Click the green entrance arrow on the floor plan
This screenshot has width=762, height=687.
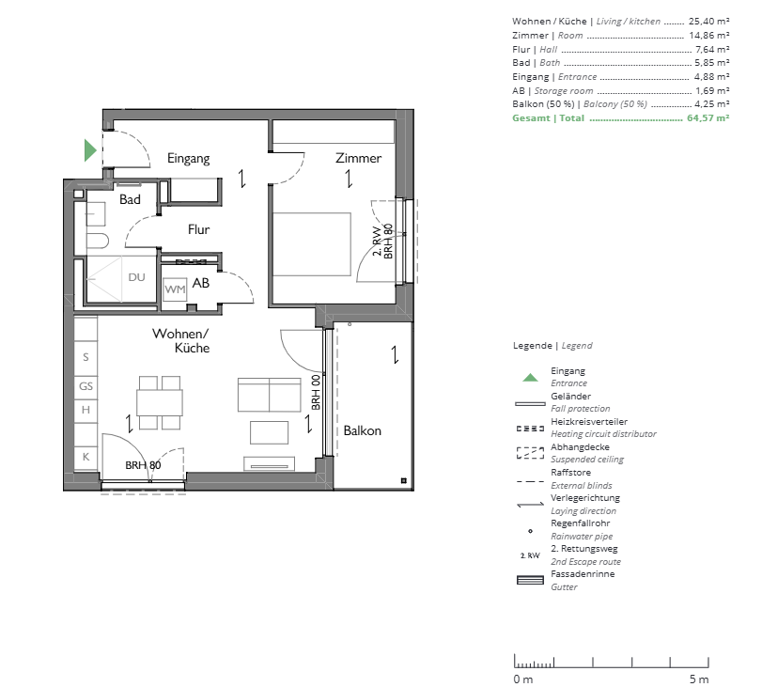pyautogui.click(x=90, y=150)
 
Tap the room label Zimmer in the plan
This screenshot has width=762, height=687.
pyautogui.click(x=358, y=158)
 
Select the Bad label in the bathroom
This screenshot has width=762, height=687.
pyautogui.click(x=130, y=199)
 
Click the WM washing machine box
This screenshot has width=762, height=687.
pyautogui.click(x=175, y=289)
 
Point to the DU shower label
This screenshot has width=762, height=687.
pyautogui.click(x=136, y=277)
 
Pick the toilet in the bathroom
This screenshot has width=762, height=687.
pyautogui.click(x=97, y=241)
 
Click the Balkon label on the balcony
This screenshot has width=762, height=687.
pyautogui.click(x=362, y=430)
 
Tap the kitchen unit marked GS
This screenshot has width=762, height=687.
pyautogui.click(x=86, y=386)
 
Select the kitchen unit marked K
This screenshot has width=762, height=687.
pyautogui.click(x=86, y=457)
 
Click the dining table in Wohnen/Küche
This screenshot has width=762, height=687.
pyautogui.click(x=160, y=402)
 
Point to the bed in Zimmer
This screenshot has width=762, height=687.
pyautogui.click(x=312, y=244)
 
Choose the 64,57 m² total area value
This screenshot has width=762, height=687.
pyautogui.click(x=708, y=118)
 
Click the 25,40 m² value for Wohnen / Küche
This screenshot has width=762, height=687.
pyautogui.click(x=709, y=22)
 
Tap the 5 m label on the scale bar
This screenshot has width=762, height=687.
pyautogui.click(x=699, y=679)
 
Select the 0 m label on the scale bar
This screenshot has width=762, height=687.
pyautogui.click(x=523, y=679)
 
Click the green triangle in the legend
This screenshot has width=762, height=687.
pyautogui.click(x=530, y=377)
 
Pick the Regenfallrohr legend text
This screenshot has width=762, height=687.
pyautogui.click(x=581, y=523)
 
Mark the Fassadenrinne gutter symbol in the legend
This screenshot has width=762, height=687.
pyautogui.click(x=530, y=580)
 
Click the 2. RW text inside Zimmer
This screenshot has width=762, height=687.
pyautogui.click(x=377, y=241)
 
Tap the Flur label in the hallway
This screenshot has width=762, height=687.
pyautogui.click(x=199, y=229)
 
